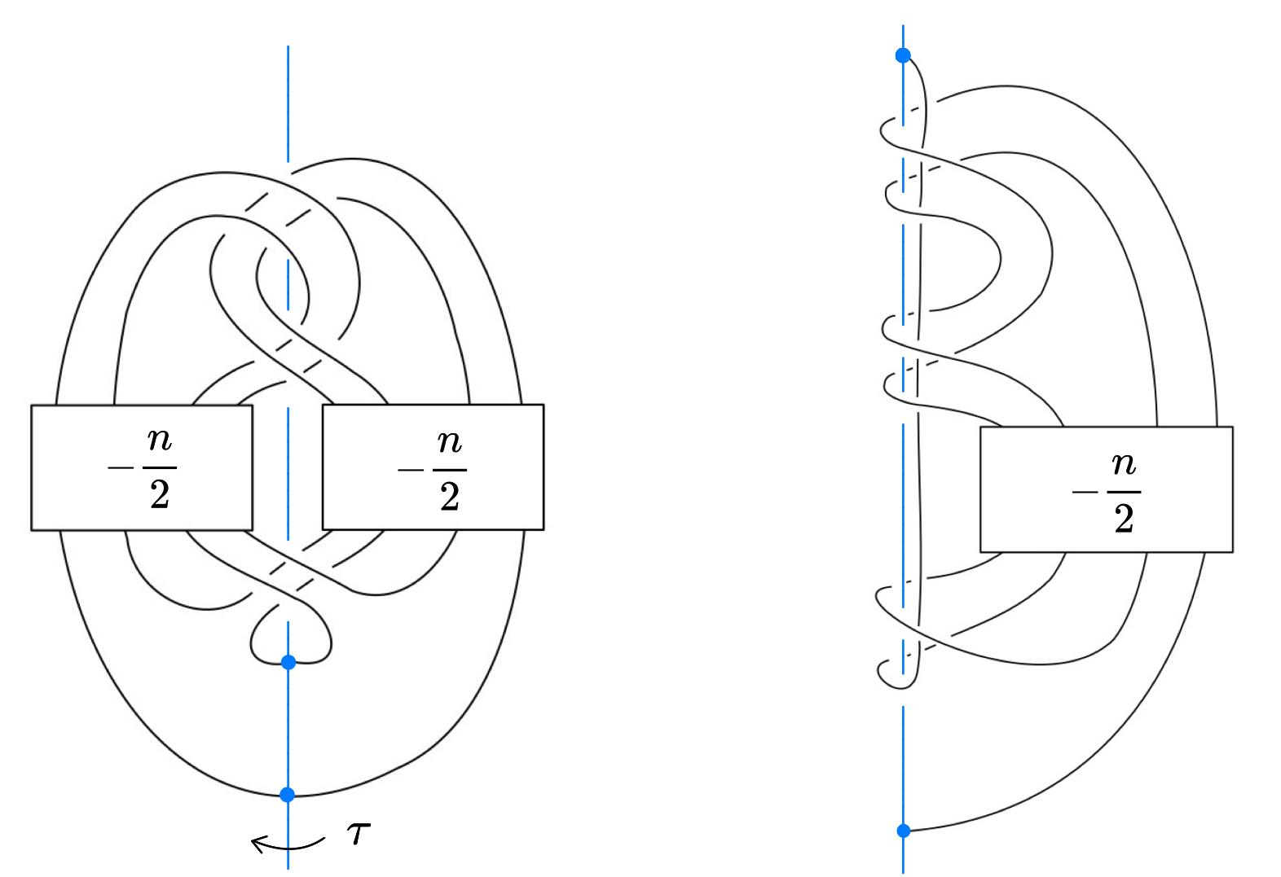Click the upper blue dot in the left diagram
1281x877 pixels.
(288, 662)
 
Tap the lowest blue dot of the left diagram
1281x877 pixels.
(288, 794)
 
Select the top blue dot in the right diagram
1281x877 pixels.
(903, 55)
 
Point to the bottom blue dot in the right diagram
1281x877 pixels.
(904, 831)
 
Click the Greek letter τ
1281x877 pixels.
(359, 834)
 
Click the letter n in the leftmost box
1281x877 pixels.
(160, 440)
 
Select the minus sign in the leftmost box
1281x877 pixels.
(120, 468)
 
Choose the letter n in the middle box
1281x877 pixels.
(450, 442)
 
